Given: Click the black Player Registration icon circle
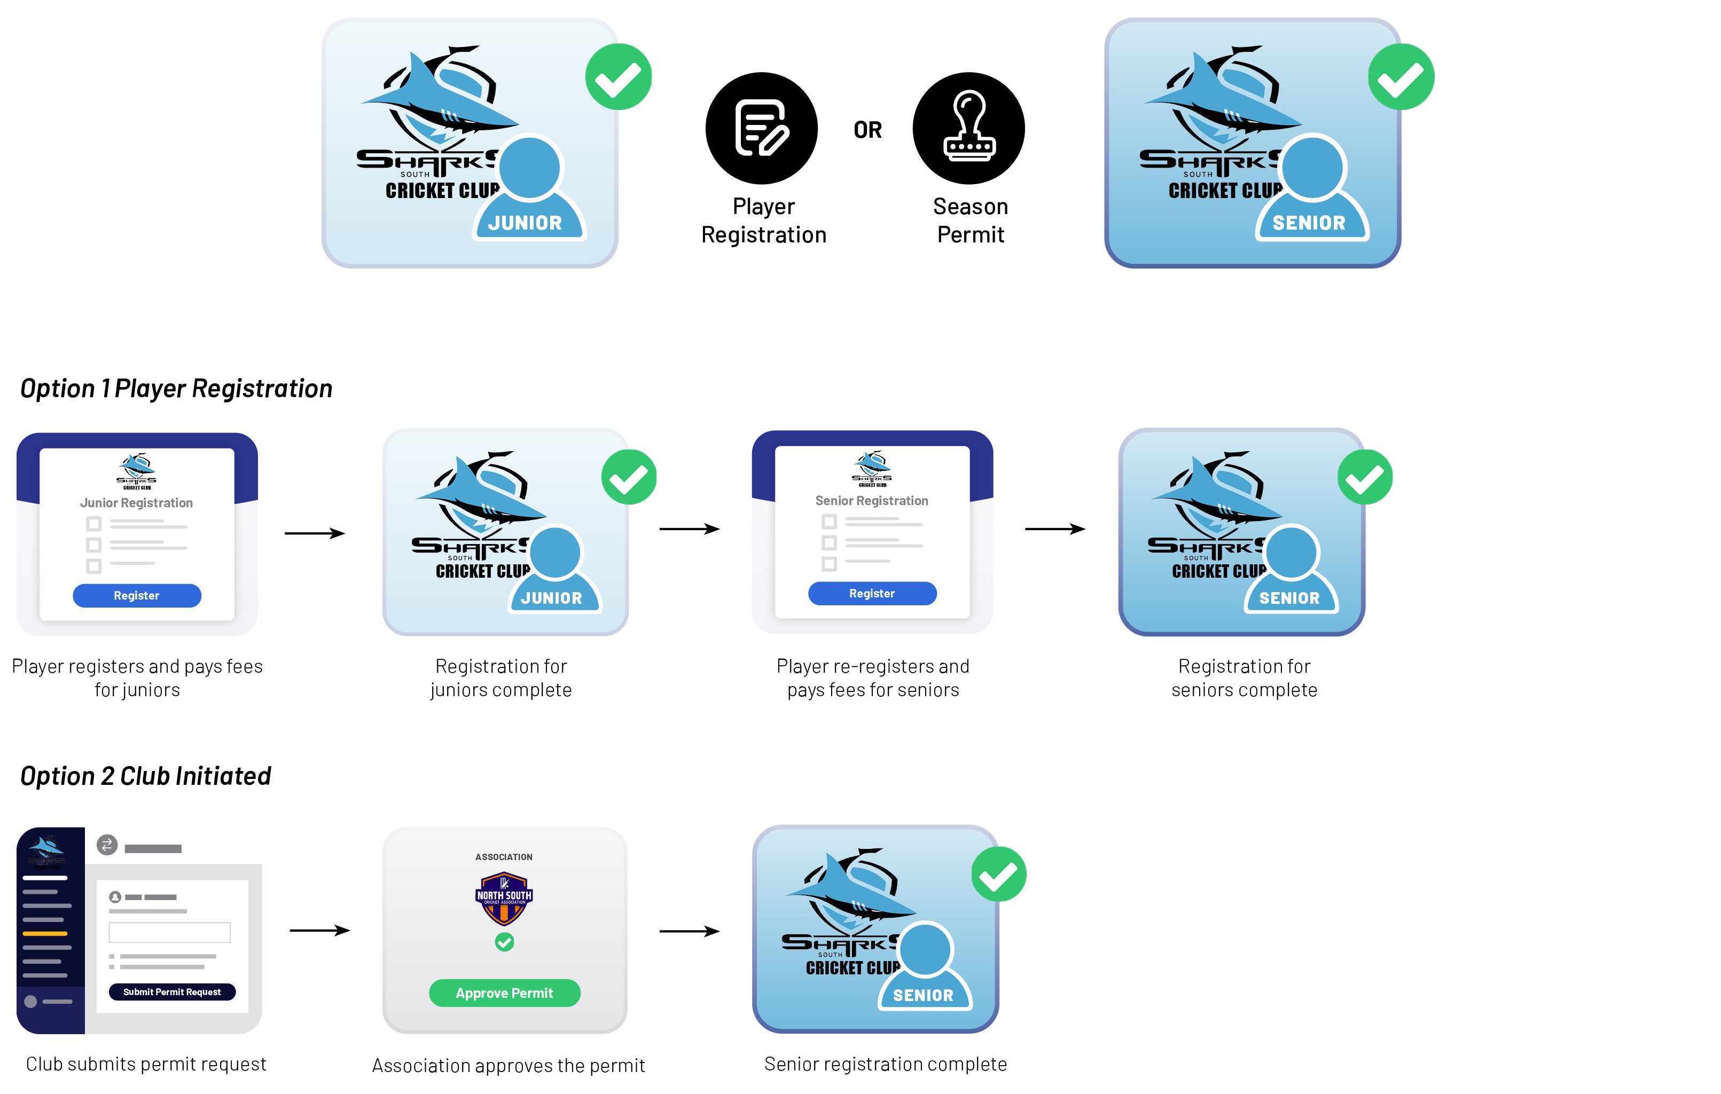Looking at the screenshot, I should coord(761,128).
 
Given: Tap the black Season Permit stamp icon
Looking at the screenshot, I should coord(968,128).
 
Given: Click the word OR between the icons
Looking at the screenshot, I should coord(867,130).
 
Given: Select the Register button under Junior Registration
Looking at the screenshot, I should coord(137,596).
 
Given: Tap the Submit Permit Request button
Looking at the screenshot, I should coord(171,992).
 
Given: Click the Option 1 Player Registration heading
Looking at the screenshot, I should coord(176,389).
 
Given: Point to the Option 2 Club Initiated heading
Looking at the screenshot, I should coord(145,776).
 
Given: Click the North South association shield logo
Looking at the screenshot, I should coord(504,898).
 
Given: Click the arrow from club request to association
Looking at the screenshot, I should coord(319,931).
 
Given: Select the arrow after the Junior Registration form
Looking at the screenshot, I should coord(315,533).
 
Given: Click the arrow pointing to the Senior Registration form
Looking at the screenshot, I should coord(689,529).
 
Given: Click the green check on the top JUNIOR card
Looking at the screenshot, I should coord(618,77).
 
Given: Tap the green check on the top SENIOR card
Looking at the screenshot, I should coord(1401,77).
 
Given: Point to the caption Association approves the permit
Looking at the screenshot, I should coord(508,1065).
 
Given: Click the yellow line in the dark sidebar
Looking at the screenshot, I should coord(45,933).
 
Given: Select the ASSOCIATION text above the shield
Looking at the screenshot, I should coord(504,857).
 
